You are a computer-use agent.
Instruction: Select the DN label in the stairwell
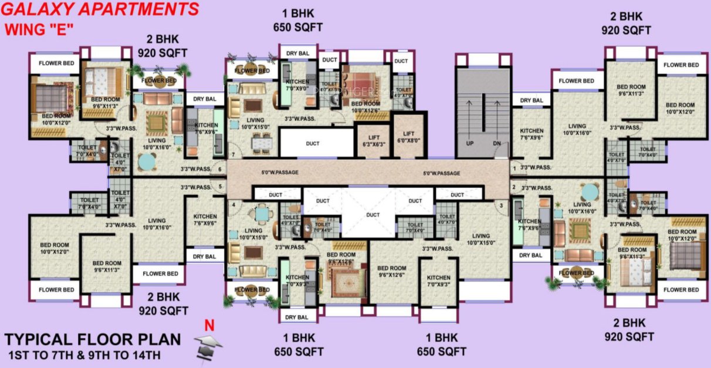coord(496,143)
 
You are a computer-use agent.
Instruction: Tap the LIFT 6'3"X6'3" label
coord(373,140)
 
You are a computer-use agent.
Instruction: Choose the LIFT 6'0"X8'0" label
coord(408,136)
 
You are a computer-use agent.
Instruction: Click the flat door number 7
coord(233,155)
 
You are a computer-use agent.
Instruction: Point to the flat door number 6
coord(219,170)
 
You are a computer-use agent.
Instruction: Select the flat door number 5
coord(219,187)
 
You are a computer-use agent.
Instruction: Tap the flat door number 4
coord(233,204)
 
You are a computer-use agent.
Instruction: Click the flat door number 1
coord(514,169)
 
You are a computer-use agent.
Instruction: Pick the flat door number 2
coord(514,187)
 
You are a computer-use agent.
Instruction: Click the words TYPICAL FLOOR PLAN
coord(93,340)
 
